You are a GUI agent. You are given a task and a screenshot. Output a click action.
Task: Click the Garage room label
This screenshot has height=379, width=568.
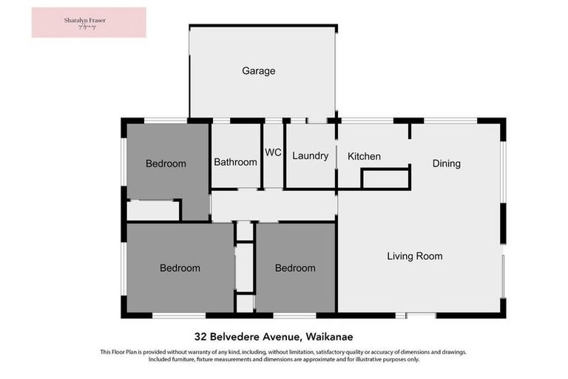click(x=258, y=71)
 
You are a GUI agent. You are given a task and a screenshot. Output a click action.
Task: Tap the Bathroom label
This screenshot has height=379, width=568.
click(x=235, y=162)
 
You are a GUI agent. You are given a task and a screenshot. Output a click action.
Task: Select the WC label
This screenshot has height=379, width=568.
click(x=273, y=152)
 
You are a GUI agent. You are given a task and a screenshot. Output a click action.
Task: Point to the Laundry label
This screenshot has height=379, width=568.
click(x=310, y=156)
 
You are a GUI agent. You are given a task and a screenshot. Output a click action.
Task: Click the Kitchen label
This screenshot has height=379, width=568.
click(x=364, y=156)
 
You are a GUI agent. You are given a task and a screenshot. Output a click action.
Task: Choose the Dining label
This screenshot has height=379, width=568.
click(x=446, y=164)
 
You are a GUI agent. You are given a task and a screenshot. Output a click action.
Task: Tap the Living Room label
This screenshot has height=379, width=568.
click(x=414, y=256)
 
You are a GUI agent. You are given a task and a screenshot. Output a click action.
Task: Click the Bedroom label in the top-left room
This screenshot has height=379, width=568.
click(x=166, y=164)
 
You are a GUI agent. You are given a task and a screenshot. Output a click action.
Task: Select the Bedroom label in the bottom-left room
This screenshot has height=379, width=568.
click(x=180, y=268)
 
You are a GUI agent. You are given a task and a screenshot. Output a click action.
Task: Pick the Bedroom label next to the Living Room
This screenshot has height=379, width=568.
click(x=295, y=268)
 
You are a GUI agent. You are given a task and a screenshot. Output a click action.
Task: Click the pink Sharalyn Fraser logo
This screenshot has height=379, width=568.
click(x=89, y=22)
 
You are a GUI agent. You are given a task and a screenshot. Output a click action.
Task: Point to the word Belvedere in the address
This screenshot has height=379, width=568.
click(x=236, y=334)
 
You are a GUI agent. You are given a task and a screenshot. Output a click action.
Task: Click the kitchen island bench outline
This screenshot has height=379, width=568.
click(x=385, y=179)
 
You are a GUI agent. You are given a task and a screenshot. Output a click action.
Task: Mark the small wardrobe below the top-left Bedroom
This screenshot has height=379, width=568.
click(x=153, y=210)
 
